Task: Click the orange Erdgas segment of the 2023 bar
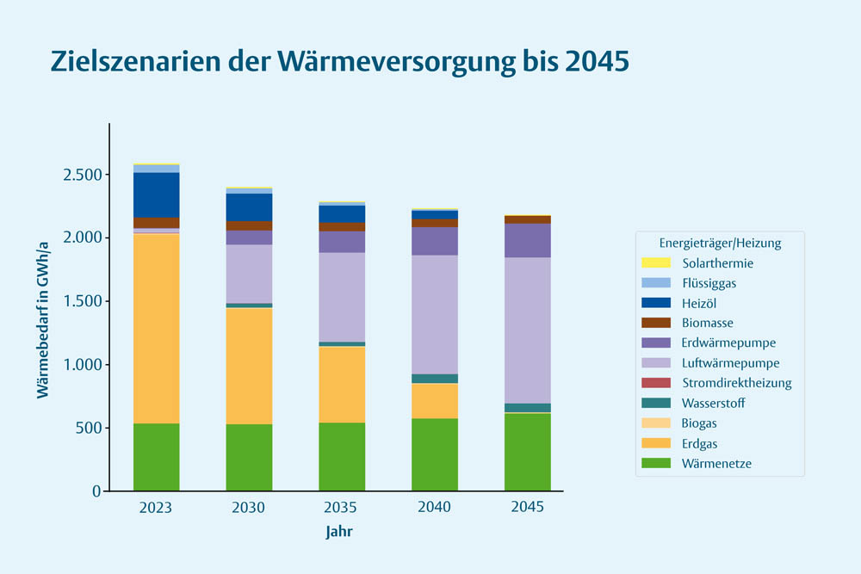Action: (156, 328)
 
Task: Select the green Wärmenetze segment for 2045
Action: (527, 452)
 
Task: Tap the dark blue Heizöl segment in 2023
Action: (156, 194)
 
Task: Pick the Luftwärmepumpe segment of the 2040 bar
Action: (434, 314)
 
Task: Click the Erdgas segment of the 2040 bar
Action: (434, 400)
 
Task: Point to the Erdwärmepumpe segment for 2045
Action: (527, 240)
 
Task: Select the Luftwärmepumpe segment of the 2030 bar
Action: (249, 274)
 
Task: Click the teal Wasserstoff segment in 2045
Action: (527, 408)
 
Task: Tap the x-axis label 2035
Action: (341, 508)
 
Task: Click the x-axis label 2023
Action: (156, 508)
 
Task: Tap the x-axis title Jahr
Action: (339, 532)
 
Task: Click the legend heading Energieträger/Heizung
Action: (720, 244)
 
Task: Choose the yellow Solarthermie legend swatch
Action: (656, 263)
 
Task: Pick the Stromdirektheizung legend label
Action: (736, 383)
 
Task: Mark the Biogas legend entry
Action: (699, 423)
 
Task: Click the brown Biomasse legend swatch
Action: (656, 323)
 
